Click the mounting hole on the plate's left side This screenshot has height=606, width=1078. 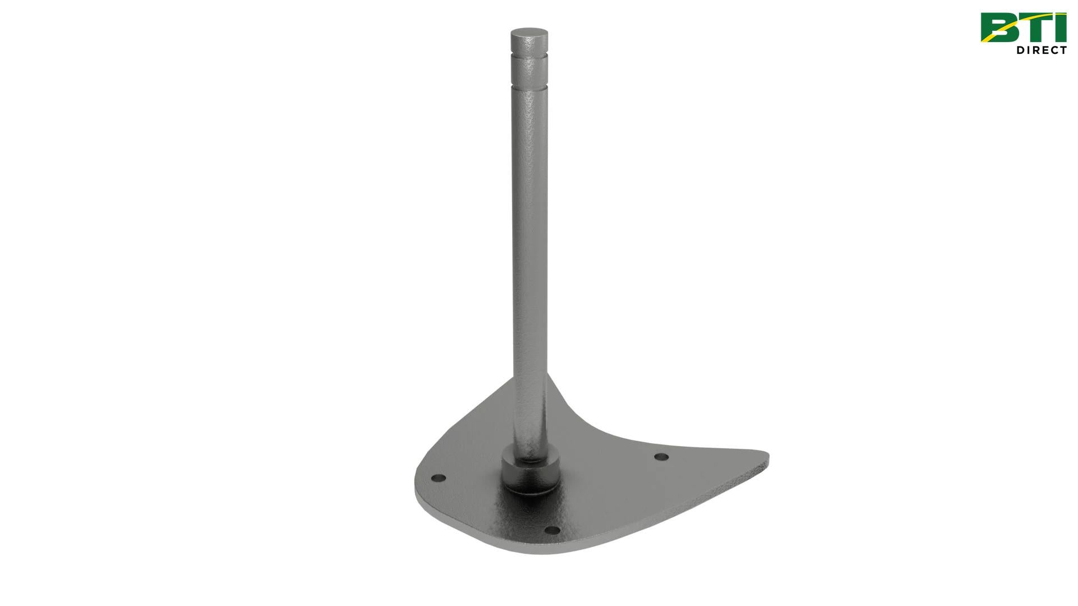[x=438, y=479]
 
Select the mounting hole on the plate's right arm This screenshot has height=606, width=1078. [x=662, y=457]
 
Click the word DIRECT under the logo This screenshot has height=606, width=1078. [x=1042, y=50]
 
